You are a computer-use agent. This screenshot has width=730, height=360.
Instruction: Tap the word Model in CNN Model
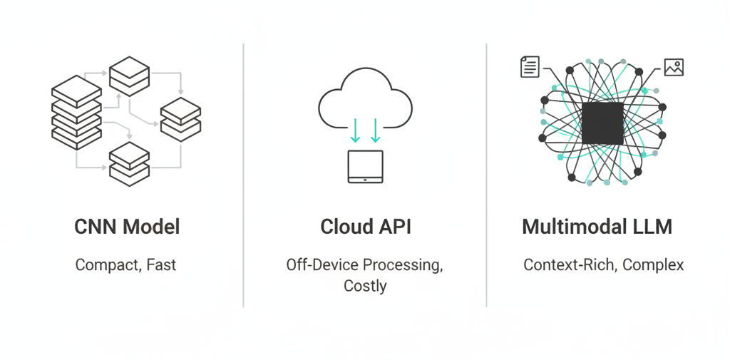(x=150, y=227)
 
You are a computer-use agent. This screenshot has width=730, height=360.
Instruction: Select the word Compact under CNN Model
(x=107, y=265)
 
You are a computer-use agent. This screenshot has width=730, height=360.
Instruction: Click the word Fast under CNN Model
(x=161, y=265)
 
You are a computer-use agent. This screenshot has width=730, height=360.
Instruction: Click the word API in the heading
(x=394, y=227)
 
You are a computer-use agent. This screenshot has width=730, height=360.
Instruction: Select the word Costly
(x=365, y=286)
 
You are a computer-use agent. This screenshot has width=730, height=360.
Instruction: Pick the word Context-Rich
(x=570, y=265)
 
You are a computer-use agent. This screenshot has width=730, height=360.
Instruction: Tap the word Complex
(x=653, y=265)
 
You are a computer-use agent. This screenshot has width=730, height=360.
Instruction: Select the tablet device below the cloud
(x=365, y=166)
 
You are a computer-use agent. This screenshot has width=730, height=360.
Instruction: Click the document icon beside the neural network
(x=530, y=68)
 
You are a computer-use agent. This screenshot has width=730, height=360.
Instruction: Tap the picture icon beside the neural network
(x=674, y=68)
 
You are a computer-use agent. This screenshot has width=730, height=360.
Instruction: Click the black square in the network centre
(x=602, y=123)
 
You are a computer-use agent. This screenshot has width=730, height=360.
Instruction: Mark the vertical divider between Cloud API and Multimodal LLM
(x=487, y=175)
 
